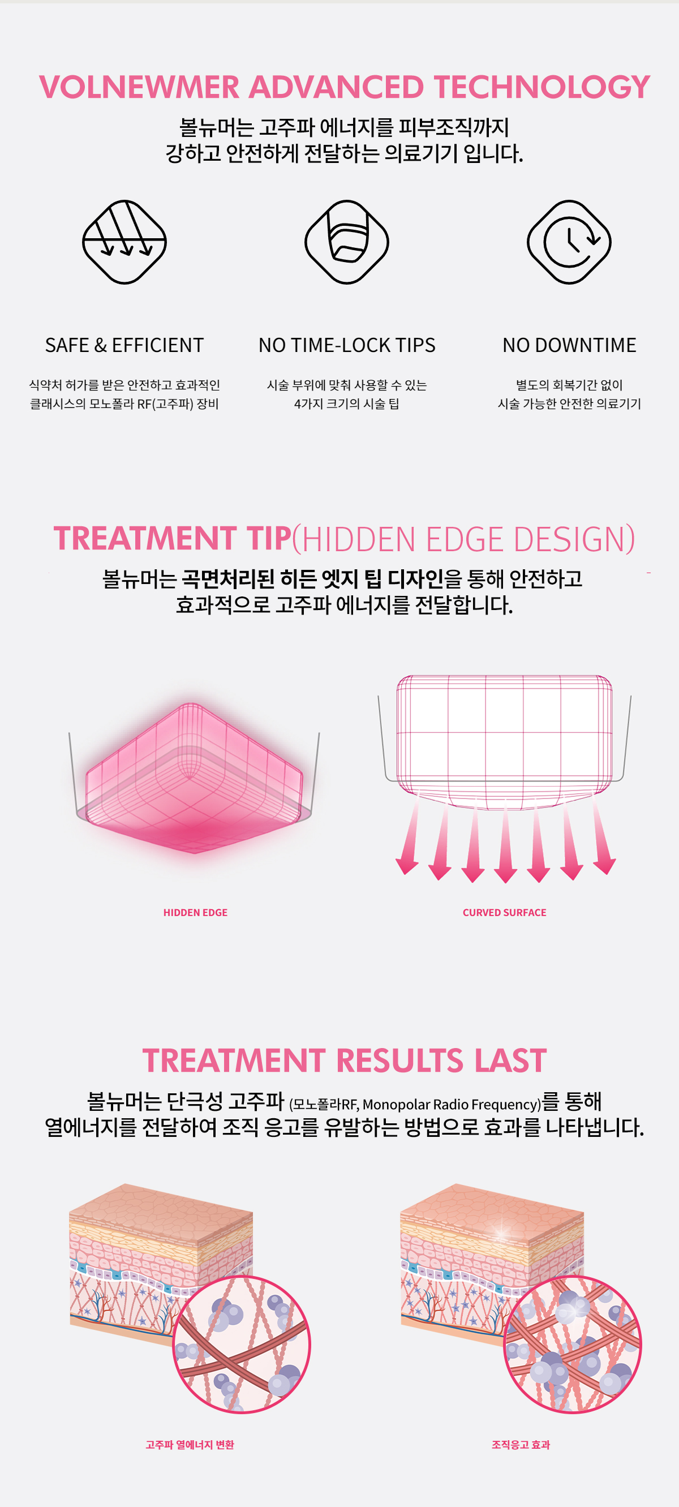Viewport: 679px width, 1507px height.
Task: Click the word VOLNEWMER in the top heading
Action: (139, 87)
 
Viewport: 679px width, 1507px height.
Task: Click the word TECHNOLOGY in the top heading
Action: (542, 87)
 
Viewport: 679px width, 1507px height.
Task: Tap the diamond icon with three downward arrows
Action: (124, 242)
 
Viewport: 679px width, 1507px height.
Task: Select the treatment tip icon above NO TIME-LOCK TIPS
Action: (347, 242)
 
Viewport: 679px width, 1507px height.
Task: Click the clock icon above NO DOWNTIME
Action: (569, 242)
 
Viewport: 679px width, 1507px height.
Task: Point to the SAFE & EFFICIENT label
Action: (124, 345)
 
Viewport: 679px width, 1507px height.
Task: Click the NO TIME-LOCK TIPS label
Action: (347, 345)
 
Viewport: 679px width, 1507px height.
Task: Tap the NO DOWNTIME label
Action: (569, 345)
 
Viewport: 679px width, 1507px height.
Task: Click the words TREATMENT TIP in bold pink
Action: (173, 538)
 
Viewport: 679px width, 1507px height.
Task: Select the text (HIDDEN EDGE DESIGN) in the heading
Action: (463, 539)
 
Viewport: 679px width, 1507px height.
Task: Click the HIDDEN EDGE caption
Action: (195, 913)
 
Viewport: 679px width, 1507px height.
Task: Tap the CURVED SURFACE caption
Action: (504, 913)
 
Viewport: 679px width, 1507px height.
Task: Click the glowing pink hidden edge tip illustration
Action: (194, 778)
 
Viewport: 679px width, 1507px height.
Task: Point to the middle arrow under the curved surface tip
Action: (505, 840)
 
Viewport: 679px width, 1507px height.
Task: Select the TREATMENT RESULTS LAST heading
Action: (345, 1061)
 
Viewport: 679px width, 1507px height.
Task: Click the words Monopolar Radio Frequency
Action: (450, 1105)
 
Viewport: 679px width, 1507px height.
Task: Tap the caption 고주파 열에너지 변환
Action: (190, 1444)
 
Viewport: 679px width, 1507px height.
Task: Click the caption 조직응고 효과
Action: (521, 1444)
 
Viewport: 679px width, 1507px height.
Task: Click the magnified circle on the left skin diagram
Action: (242, 1345)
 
